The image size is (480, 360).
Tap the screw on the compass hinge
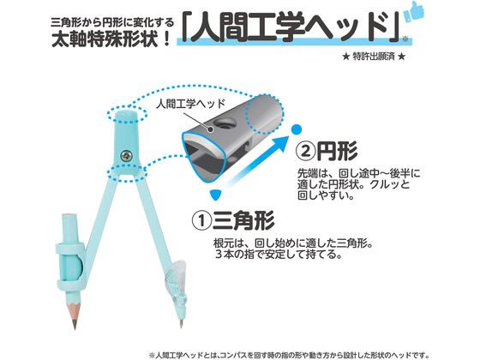click(127, 155)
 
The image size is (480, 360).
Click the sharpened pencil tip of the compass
click(75, 323)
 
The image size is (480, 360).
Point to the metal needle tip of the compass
click(181, 324)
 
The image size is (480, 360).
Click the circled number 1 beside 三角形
click(201, 221)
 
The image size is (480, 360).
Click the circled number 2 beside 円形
click(305, 151)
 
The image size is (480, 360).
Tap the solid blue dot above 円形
click(296, 129)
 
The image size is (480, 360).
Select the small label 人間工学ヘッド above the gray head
click(190, 104)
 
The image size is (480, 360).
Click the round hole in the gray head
click(224, 124)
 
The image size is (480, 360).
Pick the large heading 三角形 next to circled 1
click(243, 220)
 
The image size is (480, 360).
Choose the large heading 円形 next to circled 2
click(337, 151)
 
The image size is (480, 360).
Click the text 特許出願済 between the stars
click(374, 57)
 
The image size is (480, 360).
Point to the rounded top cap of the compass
click(126, 115)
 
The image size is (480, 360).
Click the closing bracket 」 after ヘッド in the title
click(393, 26)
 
